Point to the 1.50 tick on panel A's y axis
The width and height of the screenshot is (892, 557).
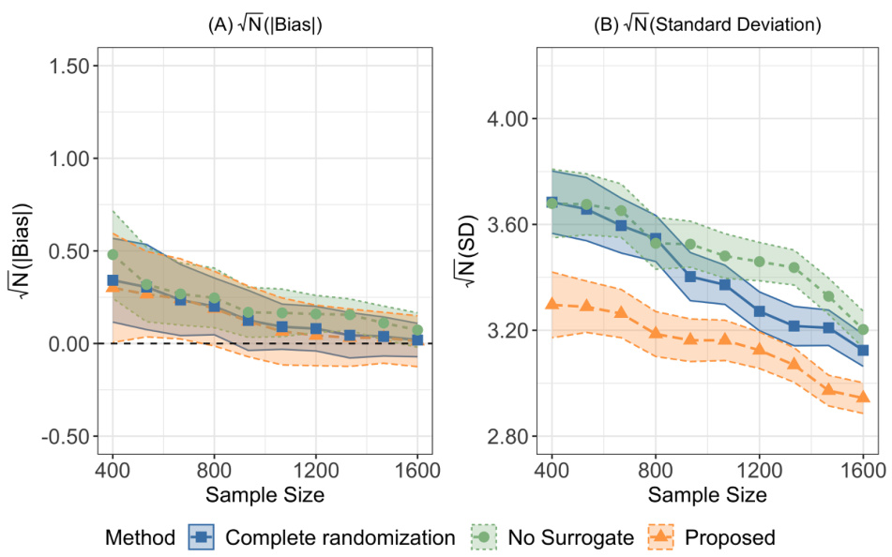tap(65, 66)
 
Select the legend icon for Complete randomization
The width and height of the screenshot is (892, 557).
tap(203, 537)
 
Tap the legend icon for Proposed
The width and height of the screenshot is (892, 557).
tap(661, 537)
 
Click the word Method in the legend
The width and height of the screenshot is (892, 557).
tap(140, 537)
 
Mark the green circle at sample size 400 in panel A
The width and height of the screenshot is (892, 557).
tap(113, 254)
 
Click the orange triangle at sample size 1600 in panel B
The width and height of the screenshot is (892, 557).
tap(863, 397)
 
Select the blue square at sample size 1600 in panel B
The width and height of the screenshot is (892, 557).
tap(863, 350)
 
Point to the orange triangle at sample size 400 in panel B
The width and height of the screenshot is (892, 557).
tap(552, 303)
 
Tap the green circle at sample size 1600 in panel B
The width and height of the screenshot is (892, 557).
tap(863, 329)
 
